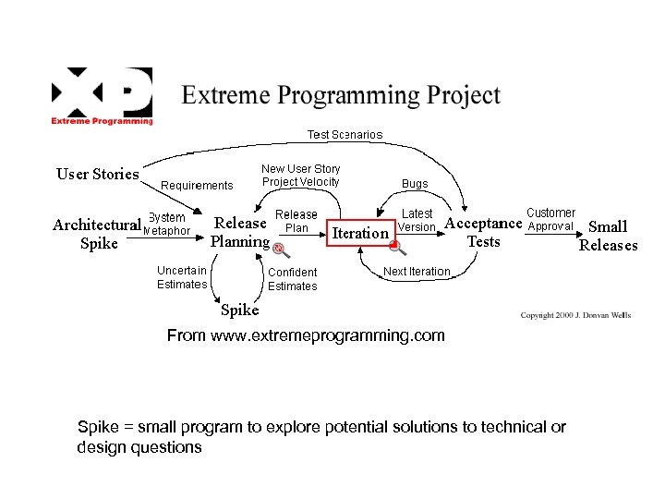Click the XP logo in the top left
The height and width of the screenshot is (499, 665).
click(102, 95)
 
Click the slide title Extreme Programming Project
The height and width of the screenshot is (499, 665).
click(341, 95)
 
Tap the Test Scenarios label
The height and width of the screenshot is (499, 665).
click(345, 135)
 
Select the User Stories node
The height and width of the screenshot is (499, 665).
click(98, 174)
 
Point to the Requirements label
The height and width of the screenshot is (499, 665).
click(197, 186)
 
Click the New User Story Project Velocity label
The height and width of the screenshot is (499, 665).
click(300, 175)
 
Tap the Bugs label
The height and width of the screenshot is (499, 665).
click(415, 184)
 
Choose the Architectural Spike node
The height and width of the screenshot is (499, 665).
click(98, 235)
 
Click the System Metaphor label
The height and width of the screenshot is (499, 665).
click(167, 225)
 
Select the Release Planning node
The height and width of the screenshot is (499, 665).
click(240, 233)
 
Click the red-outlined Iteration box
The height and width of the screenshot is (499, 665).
click(360, 233)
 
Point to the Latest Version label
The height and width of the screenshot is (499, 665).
click(417, 220)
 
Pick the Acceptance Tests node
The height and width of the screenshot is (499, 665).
click(484, 233)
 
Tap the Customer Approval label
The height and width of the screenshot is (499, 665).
click(550, 219)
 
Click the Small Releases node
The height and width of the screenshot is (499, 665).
click(608, 236)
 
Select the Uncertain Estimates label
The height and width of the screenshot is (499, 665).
click(182, 277)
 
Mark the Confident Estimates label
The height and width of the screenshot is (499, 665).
click(293, 279)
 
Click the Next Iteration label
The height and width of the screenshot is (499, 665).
click(417, 272)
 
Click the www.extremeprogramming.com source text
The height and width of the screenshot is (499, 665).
click(305, 335)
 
